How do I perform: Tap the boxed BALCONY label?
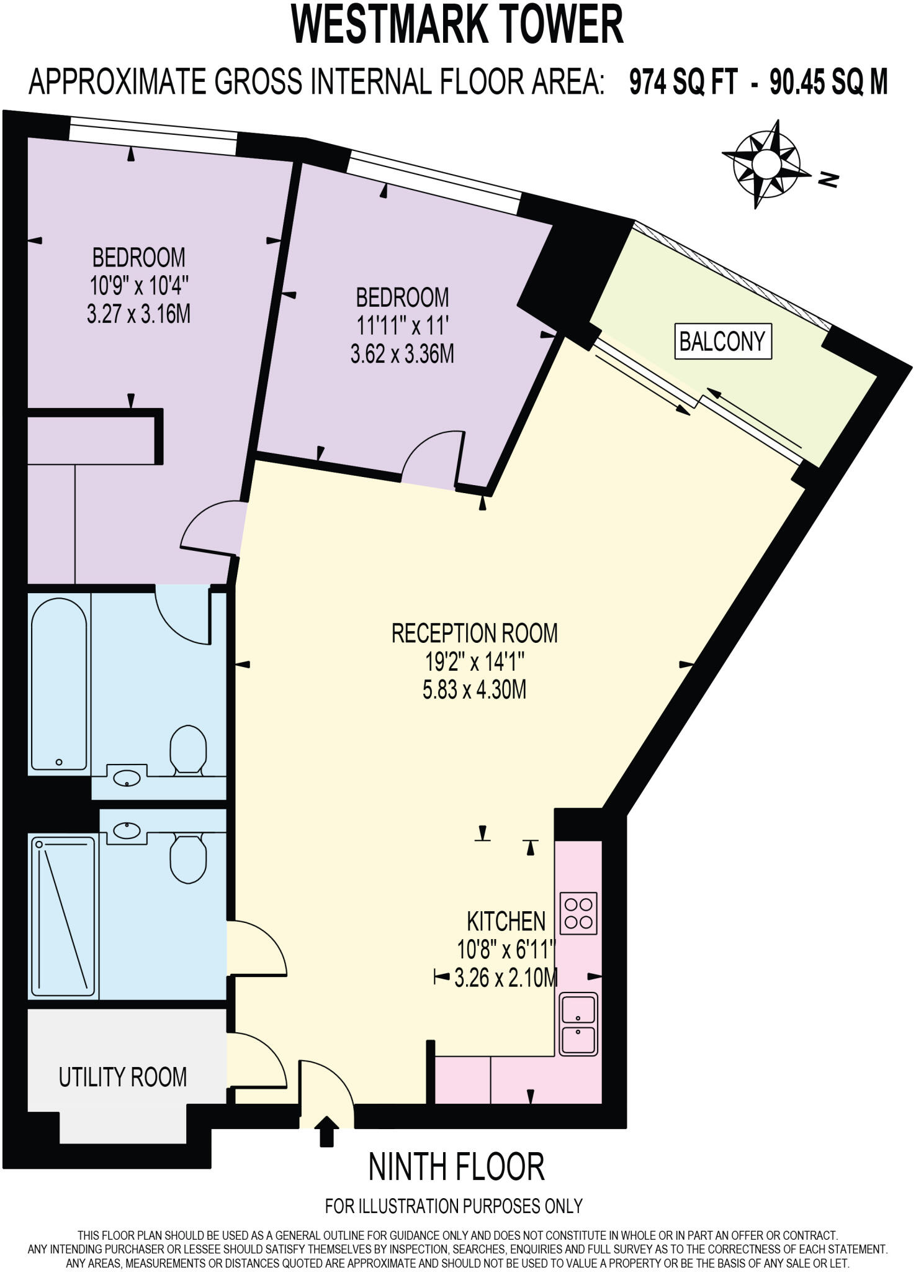point(722,341)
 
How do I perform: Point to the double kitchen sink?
point(578,1024)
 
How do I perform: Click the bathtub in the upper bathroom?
point(59,684)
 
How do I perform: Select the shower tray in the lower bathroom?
point(62,916)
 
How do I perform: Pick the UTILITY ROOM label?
point(122,1076)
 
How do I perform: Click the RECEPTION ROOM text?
point(474,633)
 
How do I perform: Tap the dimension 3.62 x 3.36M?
point(402,354)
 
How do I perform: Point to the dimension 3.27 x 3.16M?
point(138,314)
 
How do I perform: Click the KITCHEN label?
point(506,920)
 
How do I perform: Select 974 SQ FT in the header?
point(683,81)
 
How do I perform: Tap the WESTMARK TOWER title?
point(457,25)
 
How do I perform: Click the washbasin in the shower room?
point(127,830)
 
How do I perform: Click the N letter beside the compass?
point(828,179)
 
